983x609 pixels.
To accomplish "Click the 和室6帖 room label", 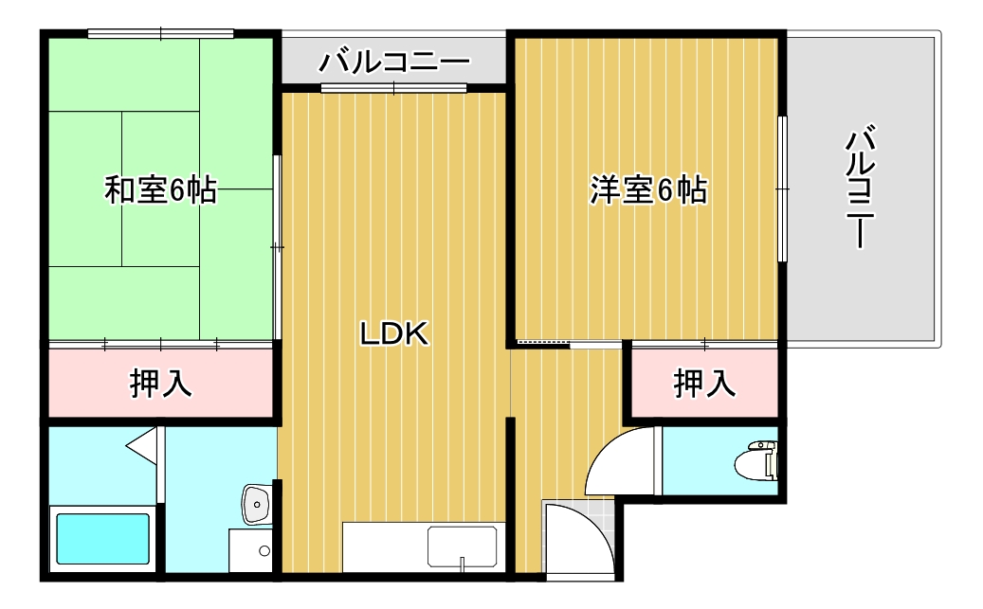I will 159,190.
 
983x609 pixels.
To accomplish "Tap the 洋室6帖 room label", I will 648,190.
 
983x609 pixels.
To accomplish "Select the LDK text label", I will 395,332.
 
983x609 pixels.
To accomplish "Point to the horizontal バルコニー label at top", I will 394,63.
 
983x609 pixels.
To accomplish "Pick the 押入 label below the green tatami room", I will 160,384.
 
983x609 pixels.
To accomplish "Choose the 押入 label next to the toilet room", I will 704,384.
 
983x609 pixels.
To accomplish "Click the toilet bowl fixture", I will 757,460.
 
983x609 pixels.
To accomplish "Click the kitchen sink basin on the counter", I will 461,547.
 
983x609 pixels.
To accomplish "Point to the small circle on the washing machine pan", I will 264,550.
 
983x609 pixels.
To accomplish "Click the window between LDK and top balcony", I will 393,89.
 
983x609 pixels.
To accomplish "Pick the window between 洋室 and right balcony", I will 782,188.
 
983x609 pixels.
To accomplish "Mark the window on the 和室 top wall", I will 160,34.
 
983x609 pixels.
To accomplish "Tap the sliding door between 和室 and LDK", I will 277,246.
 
